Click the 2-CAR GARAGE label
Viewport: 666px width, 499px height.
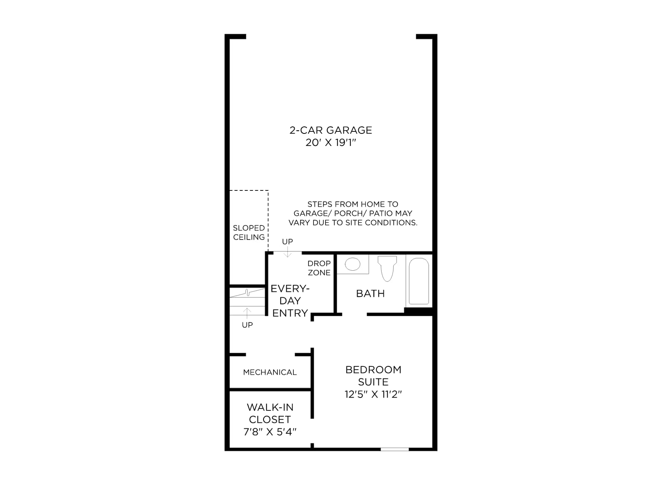[331, 130]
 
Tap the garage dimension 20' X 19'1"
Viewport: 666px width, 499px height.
[331, 142]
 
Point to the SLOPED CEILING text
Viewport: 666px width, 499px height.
[249, 232]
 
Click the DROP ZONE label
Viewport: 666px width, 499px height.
[319, 268]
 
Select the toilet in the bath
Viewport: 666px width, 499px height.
[387, 269]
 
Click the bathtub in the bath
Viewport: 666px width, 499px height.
[419, 281]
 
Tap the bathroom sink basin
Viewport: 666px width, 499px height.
[352, 264]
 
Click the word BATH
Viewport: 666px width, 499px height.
[370, 293]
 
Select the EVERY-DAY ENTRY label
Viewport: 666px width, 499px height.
[290, 301]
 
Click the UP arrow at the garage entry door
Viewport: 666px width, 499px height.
[287, 252]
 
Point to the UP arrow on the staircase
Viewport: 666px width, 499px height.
[247, 313]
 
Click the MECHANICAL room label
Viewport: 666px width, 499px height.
[270, 372]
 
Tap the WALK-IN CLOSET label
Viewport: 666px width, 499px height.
[270, 413]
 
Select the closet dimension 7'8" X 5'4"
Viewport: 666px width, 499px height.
[270, 432]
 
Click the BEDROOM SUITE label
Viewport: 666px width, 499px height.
[373, 375]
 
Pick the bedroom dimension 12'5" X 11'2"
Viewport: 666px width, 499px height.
[373, 394]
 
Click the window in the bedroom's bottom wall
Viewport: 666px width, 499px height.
[395, 450]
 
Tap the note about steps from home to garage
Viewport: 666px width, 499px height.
[353, 213]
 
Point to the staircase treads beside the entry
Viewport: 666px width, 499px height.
[247, 301]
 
